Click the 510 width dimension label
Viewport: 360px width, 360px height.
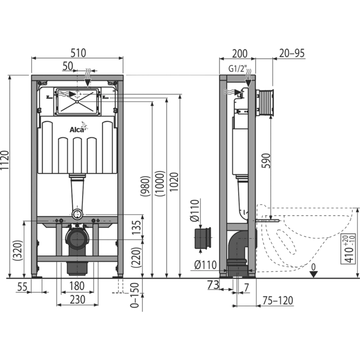point(78,53)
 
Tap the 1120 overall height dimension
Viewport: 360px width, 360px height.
point(5,160)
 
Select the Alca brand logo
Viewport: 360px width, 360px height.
point(79,128)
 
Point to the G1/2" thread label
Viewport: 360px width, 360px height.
point(238,68)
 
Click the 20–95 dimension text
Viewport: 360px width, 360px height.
point(292,53)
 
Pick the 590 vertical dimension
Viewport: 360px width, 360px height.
point(266,160)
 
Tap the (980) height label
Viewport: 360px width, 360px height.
point(146,186)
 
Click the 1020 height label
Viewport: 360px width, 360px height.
point(174,182)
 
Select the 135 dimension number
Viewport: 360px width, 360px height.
point(136,227)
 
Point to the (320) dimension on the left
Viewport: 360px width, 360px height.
point(17,250)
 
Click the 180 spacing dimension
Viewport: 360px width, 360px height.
point(77,286)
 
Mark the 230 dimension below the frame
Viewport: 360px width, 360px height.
point(77,299)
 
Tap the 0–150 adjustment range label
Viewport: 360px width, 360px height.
point(135,295)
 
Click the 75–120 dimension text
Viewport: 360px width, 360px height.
point(278,300)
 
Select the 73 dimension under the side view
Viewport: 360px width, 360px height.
point(213,285)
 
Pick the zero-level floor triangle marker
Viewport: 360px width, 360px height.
point(313,274)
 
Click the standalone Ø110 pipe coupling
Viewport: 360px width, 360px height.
point(203,238)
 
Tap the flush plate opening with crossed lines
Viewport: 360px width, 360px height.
point(77,101)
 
